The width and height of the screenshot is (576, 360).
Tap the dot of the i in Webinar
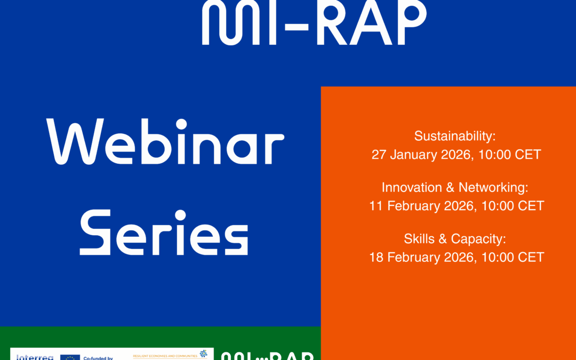tap(181, 124)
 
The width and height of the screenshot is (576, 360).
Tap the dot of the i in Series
tap(180, 215)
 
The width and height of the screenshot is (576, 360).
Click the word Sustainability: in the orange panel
tap(455, 136)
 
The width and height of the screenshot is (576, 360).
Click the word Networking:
tap(493, 187)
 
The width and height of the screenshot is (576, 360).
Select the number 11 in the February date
tap(377, 206)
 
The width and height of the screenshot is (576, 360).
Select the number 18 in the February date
tap(377, 257)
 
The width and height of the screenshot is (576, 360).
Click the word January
tap(414, 155)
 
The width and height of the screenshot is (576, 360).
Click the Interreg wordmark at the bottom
tap(35, 357)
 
